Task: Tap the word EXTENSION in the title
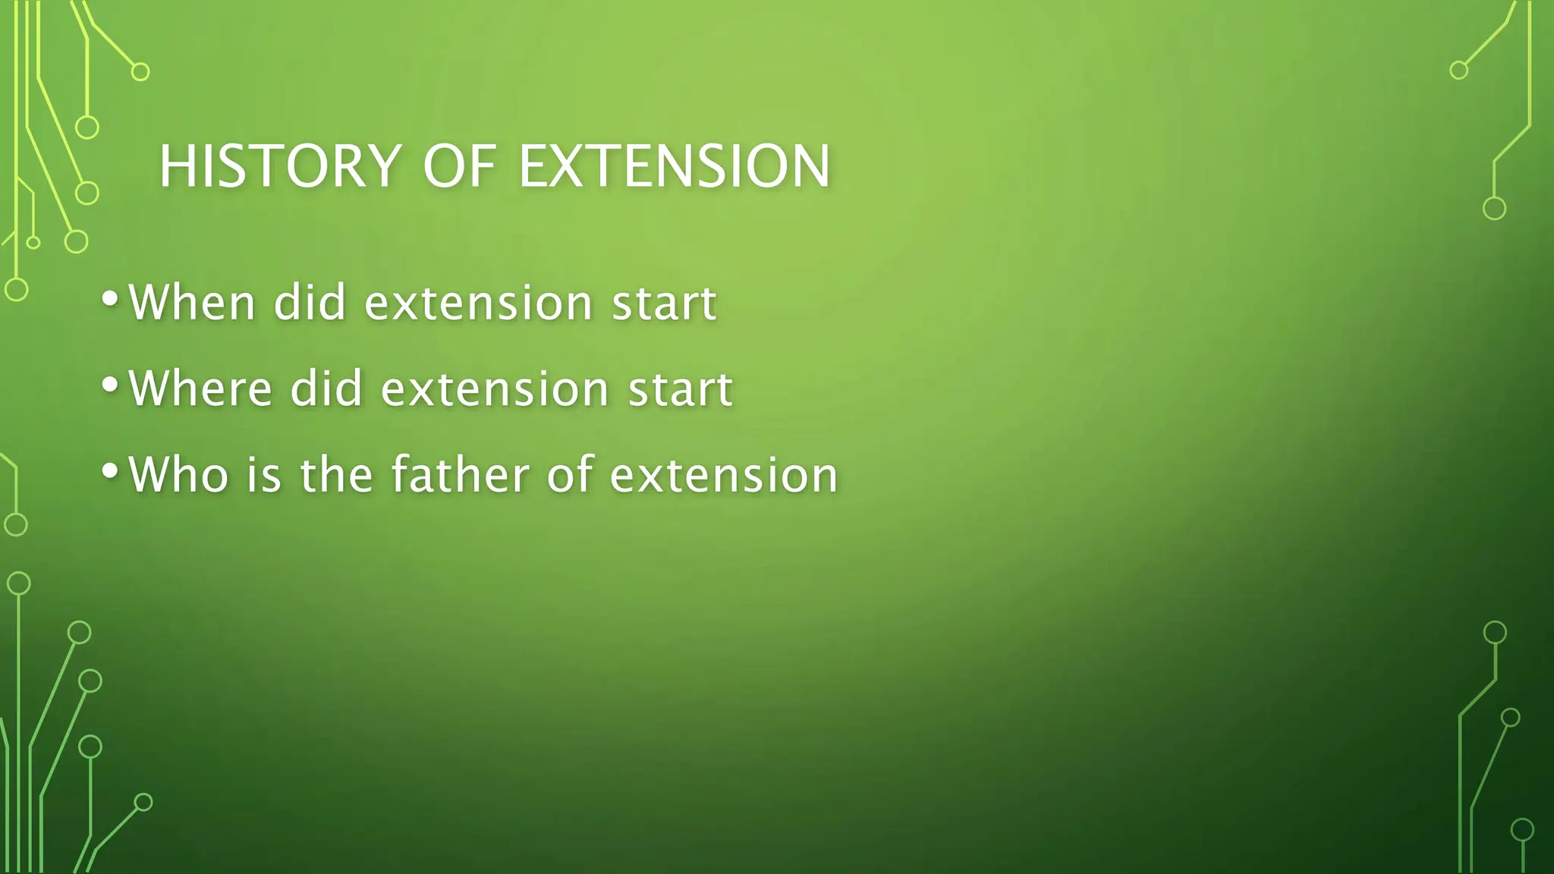click(x=674, y=166)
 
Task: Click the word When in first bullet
click(x=192, y=303)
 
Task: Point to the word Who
click(x=178, y=475)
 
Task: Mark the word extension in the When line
click(x=479, y=303)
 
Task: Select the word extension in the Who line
click(x=724, y=475)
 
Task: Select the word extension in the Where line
click(x=495, y=388)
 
